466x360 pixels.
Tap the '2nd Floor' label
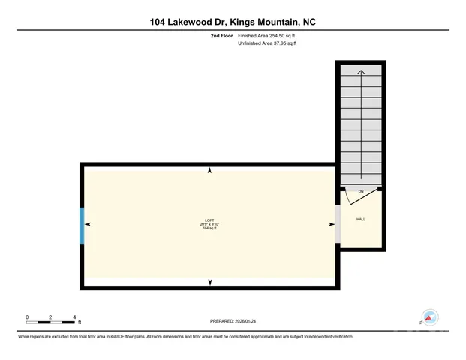pyautogui.click(x=222, y=36)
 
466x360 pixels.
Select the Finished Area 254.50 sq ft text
pyautogui.click(x=268, y=36)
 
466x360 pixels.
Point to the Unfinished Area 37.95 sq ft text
pyautogui.click(x=268, y=43)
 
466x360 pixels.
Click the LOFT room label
pyautogui.click(x=209, y=220)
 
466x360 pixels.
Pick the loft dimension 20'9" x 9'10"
pyautogui.click(x=209, y=224)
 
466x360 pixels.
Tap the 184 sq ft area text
pyautogui.click(x=209, y=229)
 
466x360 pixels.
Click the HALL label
pyautogui.click(x=360, y=219)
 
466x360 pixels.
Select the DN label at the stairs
pyautogui.click(x=360, y=193)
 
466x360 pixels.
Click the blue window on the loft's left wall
pyautogui.click(x=82, y=224)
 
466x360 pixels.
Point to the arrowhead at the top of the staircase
pyautogui.click(x=361, y=72)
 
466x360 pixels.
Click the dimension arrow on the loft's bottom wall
pyautogui.click(x=209, y=281)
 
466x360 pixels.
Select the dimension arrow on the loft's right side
pyautogui.click(x=331, y=224)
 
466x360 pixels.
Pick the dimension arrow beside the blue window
pyautogui.click(x=89, y=224)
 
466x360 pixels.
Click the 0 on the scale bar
pyautogui.click(x=27, y=317)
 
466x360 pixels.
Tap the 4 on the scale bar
pyautogui.click(x=74, y=317)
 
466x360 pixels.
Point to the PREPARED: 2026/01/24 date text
pyautogui.click(x=233, y=319)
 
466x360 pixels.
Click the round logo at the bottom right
pyautogui.click(x=430, y=318)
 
